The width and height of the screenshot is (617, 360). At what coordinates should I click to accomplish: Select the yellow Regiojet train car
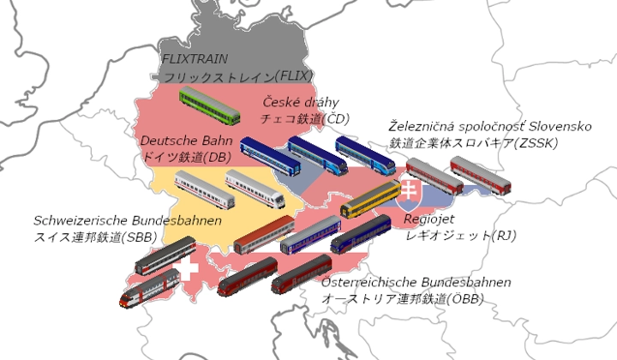point(370,199)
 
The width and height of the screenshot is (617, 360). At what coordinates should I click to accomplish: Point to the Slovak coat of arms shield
point(409,193)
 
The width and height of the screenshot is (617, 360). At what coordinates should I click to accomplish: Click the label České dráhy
point(300,102)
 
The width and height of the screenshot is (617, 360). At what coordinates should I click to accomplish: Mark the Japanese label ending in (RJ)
point(452,234)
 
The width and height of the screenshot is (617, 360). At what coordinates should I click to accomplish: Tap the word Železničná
point(422,126)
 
